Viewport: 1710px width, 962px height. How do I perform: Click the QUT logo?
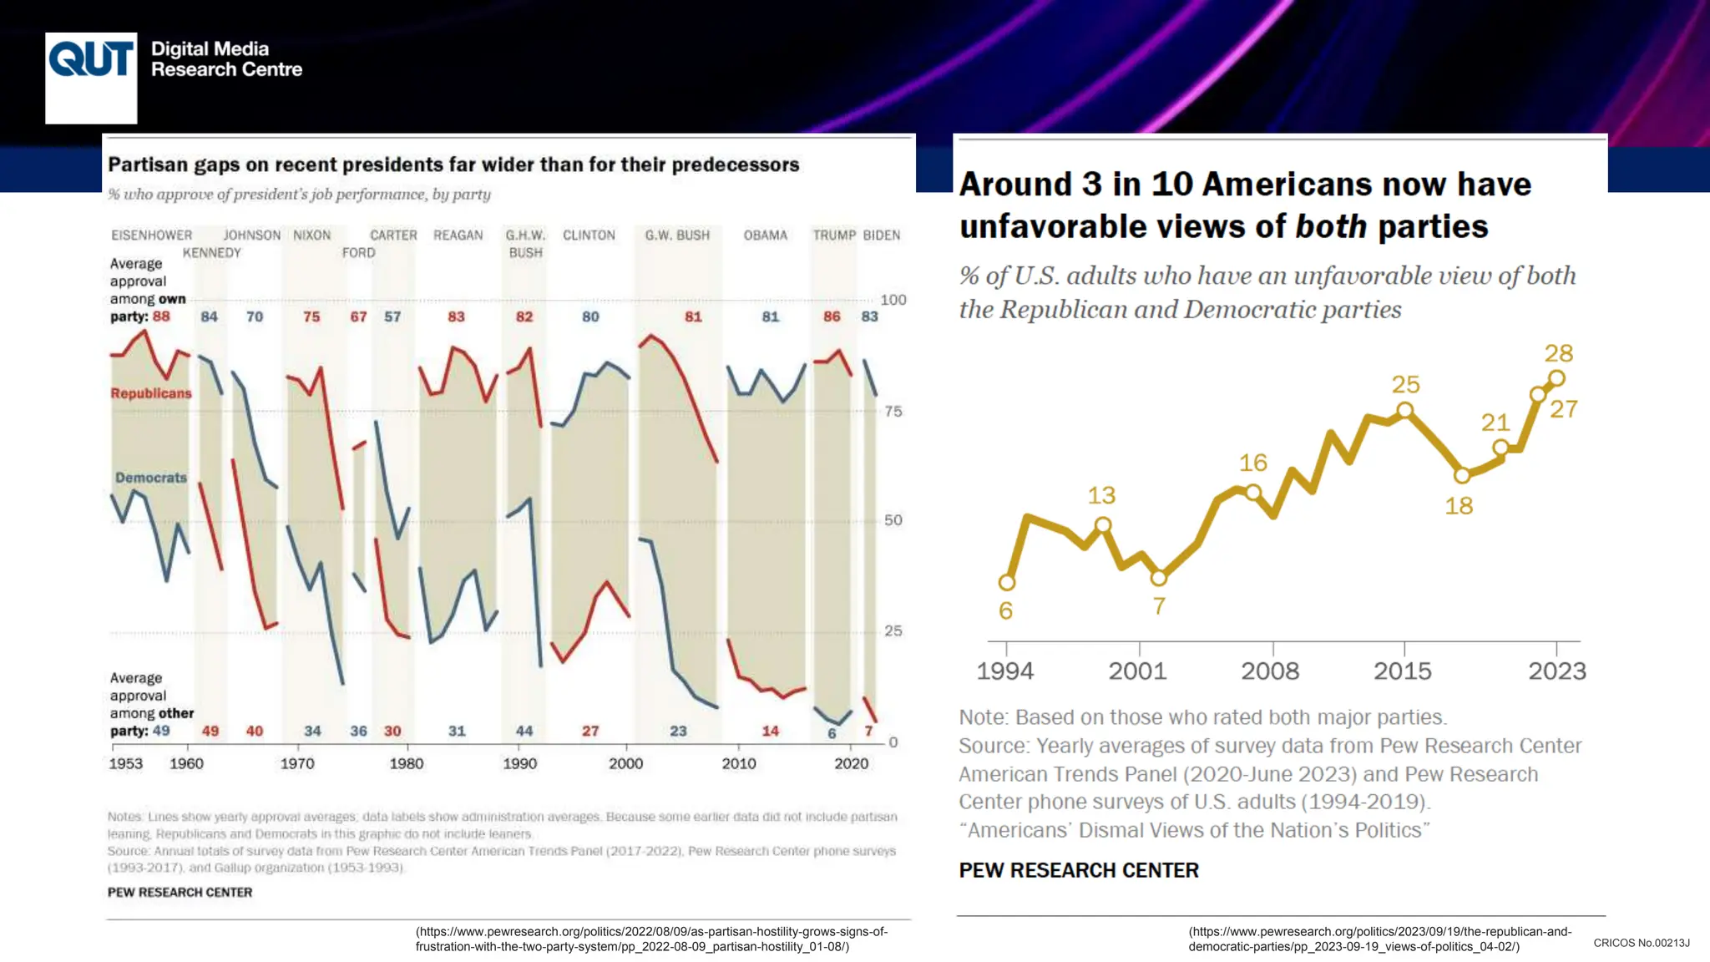(91, 77)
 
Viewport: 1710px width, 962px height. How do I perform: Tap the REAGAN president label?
(458, 235)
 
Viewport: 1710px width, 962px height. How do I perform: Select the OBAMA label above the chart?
(765, 235)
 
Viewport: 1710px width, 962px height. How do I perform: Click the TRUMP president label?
(834, 235)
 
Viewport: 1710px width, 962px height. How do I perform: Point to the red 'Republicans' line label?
(151, 393)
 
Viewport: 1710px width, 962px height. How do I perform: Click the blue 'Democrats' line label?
(151, 478)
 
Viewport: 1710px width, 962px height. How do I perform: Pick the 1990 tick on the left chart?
(519, 763)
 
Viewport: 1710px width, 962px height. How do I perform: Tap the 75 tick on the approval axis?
(893, 412)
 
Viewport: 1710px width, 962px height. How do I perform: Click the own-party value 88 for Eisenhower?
(161, 316)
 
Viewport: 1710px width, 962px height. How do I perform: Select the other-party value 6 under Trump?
(832, 733)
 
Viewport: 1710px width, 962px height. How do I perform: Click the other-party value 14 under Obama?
(770, 731)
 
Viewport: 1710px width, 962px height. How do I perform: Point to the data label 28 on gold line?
(1558, 353)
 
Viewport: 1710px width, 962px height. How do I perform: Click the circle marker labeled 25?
(1405, 410)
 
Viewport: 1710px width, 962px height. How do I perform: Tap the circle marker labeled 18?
(1462, 476)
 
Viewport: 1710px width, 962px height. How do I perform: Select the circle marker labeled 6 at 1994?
(1007, 582)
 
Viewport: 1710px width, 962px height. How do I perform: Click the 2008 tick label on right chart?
(1270, 671)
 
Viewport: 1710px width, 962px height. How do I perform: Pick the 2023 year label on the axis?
(1556, 671)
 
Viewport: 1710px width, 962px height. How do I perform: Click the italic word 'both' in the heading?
(1331, 226)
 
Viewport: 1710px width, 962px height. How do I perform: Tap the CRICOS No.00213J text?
(1641, 943)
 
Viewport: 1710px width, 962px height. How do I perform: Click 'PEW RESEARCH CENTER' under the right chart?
(1078, 870)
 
